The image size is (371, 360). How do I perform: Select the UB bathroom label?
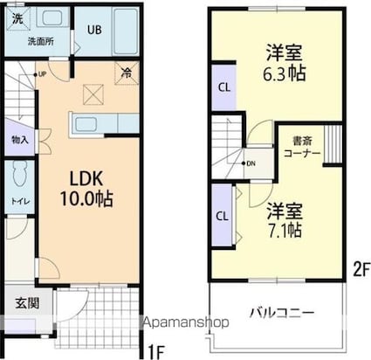tap(94, 30)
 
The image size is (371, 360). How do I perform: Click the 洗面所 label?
tap(38, 40)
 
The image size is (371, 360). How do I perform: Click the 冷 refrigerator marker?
tap(127, 74)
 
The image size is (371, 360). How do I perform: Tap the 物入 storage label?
tap(19, 139)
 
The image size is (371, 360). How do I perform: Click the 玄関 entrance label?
tap(25, 303)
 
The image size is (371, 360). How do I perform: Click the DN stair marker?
tap(251, 163)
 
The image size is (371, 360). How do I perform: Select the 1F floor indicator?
tap(154, 351)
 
